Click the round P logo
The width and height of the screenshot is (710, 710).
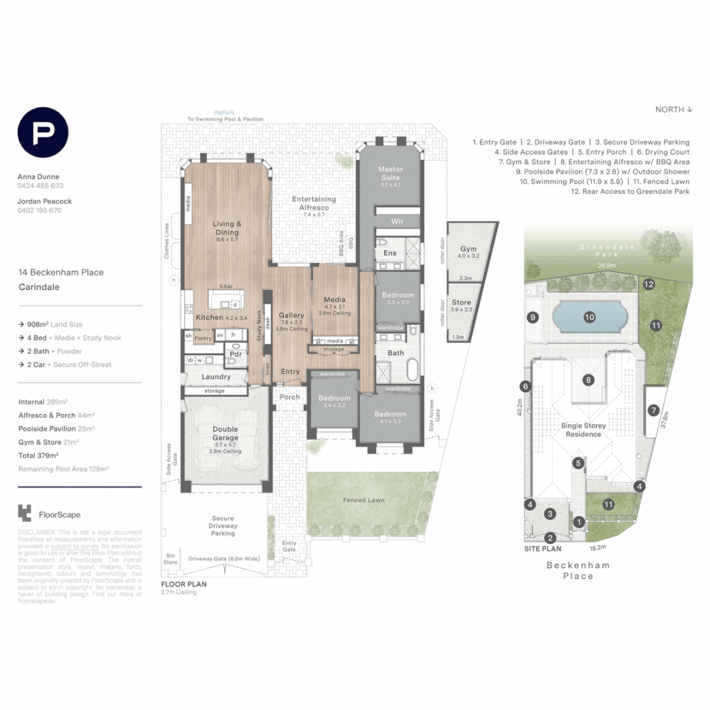point(43,133)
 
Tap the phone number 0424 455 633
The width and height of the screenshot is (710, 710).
point(40,186)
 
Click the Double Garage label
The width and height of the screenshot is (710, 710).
point(225,433)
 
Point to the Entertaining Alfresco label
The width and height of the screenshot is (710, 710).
point(314,203)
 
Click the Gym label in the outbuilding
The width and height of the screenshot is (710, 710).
point(468,249)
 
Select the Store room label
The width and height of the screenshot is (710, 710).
point(461,302)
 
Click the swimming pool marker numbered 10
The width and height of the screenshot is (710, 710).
point(589,317)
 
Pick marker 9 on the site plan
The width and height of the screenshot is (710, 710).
point(532,318)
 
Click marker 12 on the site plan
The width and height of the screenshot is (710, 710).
point(648,285)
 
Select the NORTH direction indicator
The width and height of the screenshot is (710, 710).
point(674,109)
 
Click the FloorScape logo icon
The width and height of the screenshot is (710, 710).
point(25,513)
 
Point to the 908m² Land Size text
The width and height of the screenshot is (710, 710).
point(51,324)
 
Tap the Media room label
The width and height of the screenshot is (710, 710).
point(335,300)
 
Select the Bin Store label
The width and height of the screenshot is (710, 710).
point(171,559)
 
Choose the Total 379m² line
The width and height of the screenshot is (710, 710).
point(39,455)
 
